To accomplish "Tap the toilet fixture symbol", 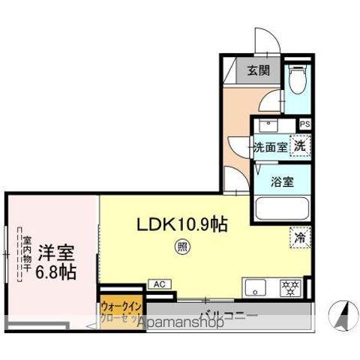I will click(x=296, y=76).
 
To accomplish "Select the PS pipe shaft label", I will click(x=304, y=125).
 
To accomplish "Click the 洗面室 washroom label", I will click(x=270, y=146).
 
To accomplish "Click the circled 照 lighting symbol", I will click(x=181, y=245).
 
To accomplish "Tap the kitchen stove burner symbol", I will click(x=289, y=287).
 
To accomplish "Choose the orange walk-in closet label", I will click(x=121, y=311).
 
